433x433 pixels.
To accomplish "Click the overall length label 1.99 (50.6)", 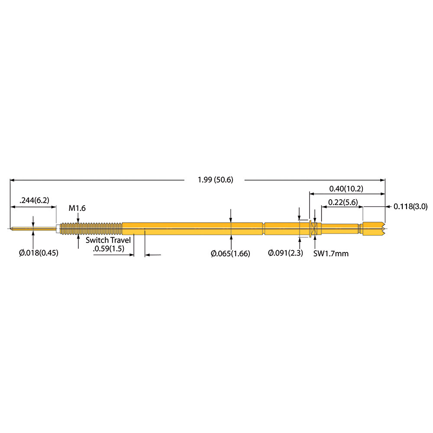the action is click(215, 180).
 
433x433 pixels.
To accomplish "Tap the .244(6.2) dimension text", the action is click(34, 200).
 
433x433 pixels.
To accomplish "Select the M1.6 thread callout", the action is click(77, 208).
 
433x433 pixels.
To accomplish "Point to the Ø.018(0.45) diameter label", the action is click(39, 253).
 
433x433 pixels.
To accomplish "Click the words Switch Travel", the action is click(108, 240).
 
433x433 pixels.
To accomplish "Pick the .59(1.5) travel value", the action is click(109, 249).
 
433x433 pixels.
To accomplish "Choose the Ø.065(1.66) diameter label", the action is click(230, 253).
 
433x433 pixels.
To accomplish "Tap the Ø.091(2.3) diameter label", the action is click(285, 253).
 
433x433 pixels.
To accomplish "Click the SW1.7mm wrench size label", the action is click(331, 253).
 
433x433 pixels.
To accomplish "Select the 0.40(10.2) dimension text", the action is click(346, 189).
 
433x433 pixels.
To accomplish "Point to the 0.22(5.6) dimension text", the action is click(343, 202).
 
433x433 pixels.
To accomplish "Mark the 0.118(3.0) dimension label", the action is click(410, 206).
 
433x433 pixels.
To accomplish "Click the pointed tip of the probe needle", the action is click(10, 229).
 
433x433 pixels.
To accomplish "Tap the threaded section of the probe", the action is click(91, 229).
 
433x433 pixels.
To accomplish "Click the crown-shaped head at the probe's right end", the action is click(374, 229).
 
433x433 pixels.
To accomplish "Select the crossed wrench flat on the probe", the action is click(314, 229).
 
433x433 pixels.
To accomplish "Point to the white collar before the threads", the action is click(58, 229).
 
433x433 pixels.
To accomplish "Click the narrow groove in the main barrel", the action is click(264, 229).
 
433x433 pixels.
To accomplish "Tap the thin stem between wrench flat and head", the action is click(340, 229).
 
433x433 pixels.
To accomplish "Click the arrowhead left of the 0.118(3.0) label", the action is click(388, 206).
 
